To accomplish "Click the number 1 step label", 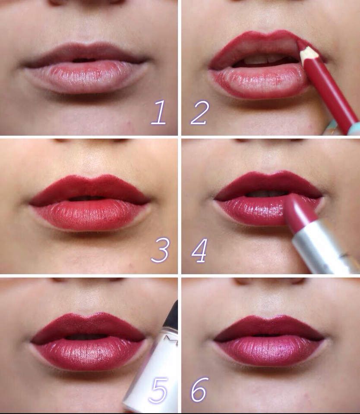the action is click(158, 112).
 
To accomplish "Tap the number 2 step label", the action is click(200, 112).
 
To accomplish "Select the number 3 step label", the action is click(160, 250).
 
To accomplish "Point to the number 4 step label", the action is click(199, 251).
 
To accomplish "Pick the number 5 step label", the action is click(158, 390).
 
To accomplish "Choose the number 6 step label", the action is click(199, 390).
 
